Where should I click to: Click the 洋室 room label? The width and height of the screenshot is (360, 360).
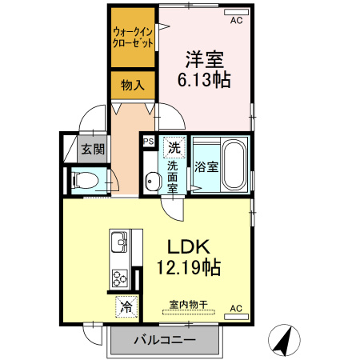point(204,58)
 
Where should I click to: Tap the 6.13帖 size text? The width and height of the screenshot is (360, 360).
point(204,79)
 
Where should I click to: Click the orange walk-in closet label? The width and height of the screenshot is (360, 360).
point(133,38)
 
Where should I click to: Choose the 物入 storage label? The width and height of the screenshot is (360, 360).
point(133,84)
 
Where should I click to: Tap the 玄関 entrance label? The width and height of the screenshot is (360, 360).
point(92,149)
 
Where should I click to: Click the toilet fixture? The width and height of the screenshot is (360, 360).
point(86,181)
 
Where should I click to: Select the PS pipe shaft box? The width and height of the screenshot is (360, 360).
point(148,141)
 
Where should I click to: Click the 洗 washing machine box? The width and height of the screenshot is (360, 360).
point(174,146)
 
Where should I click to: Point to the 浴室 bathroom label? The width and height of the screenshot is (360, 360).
point(206,166)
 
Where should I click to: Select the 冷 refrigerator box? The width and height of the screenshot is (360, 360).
point(126,304)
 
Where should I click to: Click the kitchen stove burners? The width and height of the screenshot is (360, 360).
point(120,278)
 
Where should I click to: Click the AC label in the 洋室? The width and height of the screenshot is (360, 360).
point(236,22)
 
